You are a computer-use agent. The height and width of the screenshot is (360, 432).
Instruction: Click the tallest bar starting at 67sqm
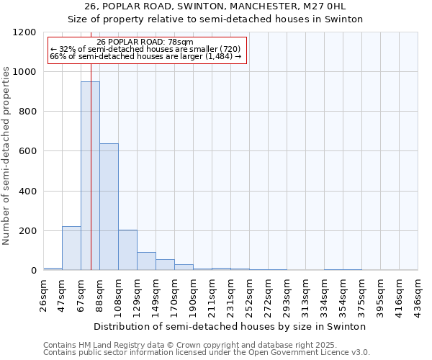90,176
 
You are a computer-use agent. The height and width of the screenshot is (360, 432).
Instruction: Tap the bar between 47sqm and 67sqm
71,248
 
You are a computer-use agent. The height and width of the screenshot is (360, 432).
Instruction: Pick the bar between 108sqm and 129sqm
127,251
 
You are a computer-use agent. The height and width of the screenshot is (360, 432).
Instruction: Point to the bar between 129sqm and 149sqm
146,261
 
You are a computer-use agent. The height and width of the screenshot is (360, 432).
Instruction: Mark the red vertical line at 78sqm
91,144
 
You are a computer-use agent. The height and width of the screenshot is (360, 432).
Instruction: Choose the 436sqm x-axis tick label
418,295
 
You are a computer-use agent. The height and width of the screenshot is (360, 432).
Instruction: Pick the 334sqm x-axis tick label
325,295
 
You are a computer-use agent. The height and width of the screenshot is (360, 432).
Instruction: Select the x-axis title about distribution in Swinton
230,326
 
